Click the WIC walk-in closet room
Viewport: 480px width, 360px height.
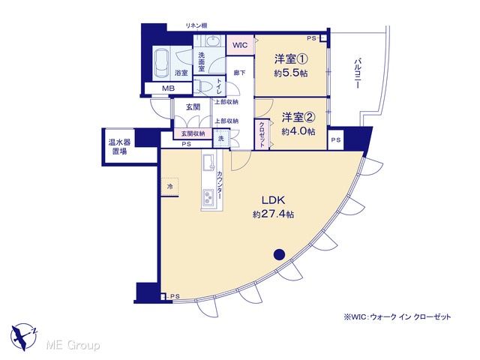pos(240,45)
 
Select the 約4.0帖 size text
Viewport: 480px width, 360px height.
pos(298,131)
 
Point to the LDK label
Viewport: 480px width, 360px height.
pos(273,200)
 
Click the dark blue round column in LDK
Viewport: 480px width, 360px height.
pos(279,254)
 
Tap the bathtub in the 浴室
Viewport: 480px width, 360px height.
pos(162,64)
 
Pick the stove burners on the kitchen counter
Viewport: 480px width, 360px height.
pos(208,197)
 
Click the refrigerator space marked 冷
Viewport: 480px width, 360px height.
pos(170,186)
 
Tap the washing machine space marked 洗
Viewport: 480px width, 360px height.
pos(221,138)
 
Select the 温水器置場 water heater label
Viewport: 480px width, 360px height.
pos(119,147)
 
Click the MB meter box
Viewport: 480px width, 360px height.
pos(168,88)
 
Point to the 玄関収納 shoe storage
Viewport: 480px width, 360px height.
pos(193,133)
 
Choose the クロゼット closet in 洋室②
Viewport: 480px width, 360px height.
pos(262,134)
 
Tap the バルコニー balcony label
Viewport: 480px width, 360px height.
pos(357,74)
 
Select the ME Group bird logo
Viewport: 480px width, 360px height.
pos(23,337)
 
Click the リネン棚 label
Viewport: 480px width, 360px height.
pos(196,25)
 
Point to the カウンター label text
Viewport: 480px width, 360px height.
pos(220,185)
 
